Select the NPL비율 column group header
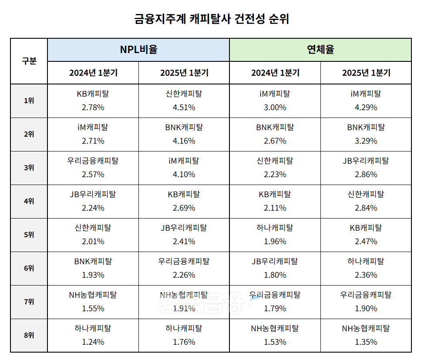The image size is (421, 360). pyautogui.click(x=138, y=49)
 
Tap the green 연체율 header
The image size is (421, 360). pyautogui.click(x=320, y=49)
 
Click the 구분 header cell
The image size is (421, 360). pyautogui.click(x=29, y=61)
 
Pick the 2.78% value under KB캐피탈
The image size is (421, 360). pyautogui.click(x=93, y=107)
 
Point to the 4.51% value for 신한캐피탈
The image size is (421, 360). pyautogui.click(x=184, y=107)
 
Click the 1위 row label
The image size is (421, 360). pyautogui.click(x=29, y=101)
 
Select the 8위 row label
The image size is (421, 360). pyautogui.click(x=29, y=335)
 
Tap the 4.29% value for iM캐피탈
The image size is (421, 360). pyautogui.click(x=366, y=107)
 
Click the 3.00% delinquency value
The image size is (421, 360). pyautogui.click(x=275, y=107)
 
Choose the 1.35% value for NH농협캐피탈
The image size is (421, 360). pyautogui.click(x=366, y=342)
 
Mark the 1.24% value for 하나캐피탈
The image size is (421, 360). pyautogui.click(x=93, y=342)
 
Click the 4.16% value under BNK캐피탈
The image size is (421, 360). pyautogui.click(x=184, y=141)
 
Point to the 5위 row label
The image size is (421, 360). pyautogui.click(x=29, y=235)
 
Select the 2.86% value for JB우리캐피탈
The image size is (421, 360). pyautogui.click(x=366, y=174)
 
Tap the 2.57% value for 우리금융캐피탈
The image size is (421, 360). pyautogui.click(x=93, y=174)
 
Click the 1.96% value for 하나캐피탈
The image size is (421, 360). pyautogui.click(x=275, y=241)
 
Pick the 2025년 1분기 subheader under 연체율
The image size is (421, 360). pyautogui.click(x=366, y=73)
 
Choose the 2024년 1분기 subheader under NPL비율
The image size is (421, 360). pyautogui.click(x=93, y=73)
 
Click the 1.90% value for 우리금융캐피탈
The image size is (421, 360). pyautogui.click(x=366, y=308)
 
